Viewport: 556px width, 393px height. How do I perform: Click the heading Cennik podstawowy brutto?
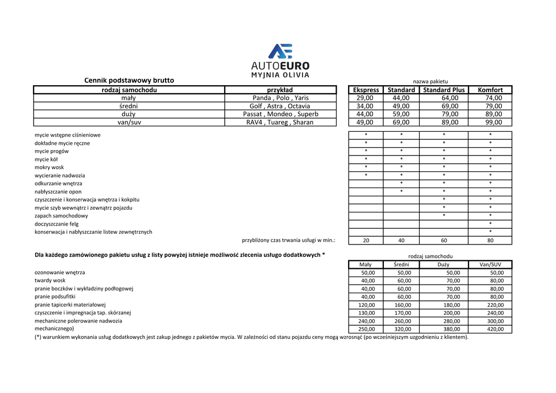(x=129, y=80)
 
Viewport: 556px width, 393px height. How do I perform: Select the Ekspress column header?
(x=366, y=90)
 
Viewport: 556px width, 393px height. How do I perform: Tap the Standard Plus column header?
(x=444, y=90)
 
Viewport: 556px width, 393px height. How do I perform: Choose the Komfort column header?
(x=490, y=90)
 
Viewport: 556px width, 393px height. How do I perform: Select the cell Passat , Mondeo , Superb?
(x=281, y=114)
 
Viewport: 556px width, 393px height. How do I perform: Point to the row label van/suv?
(x=129, y=123)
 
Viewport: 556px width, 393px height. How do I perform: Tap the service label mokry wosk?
(x=49, y=167)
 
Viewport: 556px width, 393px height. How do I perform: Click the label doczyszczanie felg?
(x=56, y=224)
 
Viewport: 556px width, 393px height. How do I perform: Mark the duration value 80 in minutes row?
(x=490, y=240)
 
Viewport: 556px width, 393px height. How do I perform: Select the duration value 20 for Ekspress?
(x=366, y=240)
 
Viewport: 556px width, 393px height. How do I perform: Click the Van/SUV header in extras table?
(x=490, y=265)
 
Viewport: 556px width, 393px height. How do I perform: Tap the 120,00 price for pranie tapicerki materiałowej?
(x=367, y=305)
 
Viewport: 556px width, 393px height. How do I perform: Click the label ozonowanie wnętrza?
(x=60, y=273)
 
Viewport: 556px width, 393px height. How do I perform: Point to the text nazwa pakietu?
(x=430, y=81)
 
